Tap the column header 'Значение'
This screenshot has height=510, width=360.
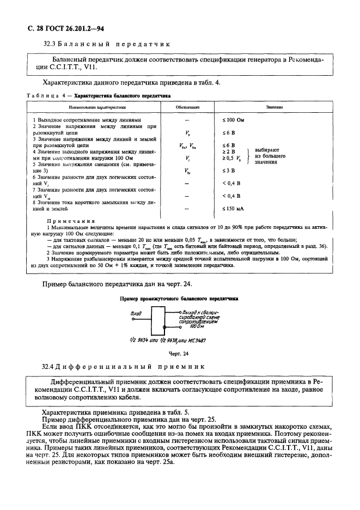274,107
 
